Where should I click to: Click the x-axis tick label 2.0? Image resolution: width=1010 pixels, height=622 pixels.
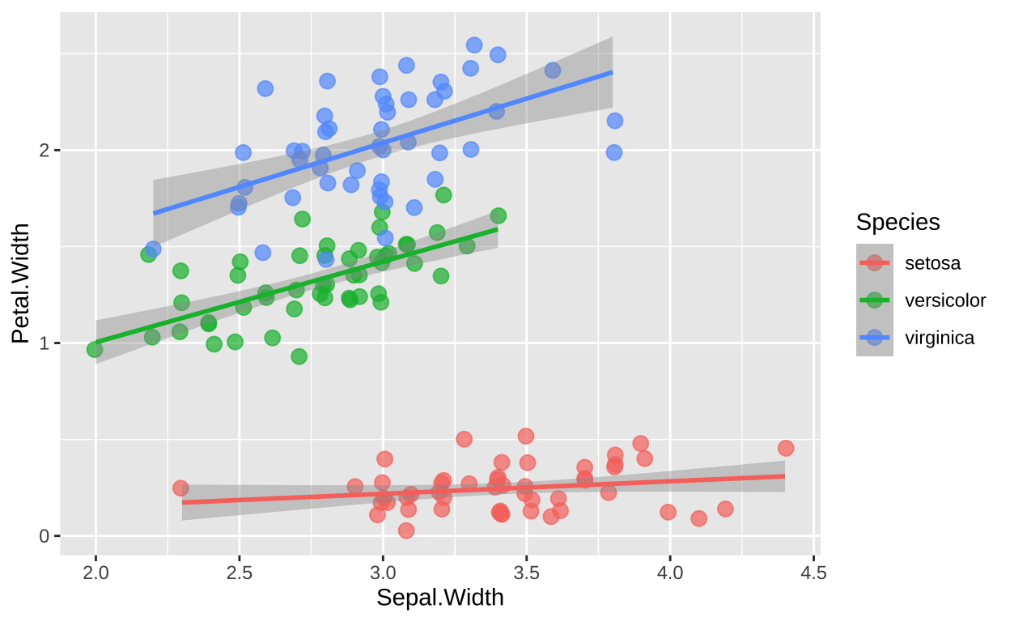95,574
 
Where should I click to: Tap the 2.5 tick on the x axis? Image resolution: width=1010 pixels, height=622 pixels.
239,574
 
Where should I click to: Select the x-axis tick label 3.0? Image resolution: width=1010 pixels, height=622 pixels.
383,574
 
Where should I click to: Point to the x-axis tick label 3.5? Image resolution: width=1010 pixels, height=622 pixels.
526,574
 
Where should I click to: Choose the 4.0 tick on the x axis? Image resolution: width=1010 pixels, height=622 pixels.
669,574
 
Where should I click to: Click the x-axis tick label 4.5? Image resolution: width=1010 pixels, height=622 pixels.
813,574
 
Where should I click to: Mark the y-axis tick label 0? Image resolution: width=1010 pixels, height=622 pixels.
46,536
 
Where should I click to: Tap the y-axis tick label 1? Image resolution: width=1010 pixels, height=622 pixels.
46,343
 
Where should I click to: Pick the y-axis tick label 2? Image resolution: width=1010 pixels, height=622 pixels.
46,151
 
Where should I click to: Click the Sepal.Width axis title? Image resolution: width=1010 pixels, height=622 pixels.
440,598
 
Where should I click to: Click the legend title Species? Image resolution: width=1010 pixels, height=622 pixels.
898,222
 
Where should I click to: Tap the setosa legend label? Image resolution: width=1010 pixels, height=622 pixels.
933,262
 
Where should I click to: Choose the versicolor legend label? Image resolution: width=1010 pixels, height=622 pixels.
945,300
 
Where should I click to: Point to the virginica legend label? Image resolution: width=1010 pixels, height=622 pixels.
940,338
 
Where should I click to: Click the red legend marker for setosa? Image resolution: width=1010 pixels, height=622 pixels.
875,262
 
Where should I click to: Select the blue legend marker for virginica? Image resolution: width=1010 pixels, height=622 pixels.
875,338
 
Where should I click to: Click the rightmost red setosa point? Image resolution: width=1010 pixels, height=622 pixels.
785,448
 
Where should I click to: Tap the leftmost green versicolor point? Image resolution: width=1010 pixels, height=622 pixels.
95,349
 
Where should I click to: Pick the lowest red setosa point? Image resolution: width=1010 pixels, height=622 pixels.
406,530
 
